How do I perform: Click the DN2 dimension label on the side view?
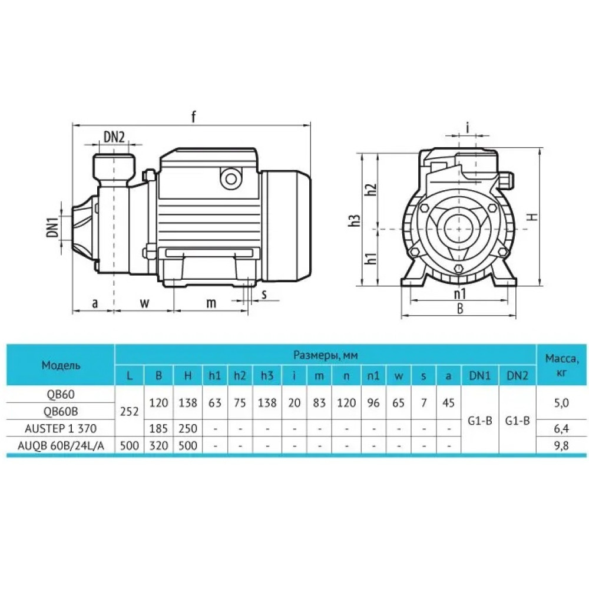tap(114, 137)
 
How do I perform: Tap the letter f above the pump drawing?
tap(193, 117)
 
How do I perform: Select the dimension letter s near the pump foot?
tap(264, 294)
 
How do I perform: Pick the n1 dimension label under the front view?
tap(460, 293)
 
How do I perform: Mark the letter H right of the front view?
tap(532, 217)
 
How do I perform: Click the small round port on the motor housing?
tap(231, 179)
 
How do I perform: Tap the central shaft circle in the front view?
tap(458, 229)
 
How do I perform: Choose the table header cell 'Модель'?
tap(61, 365)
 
